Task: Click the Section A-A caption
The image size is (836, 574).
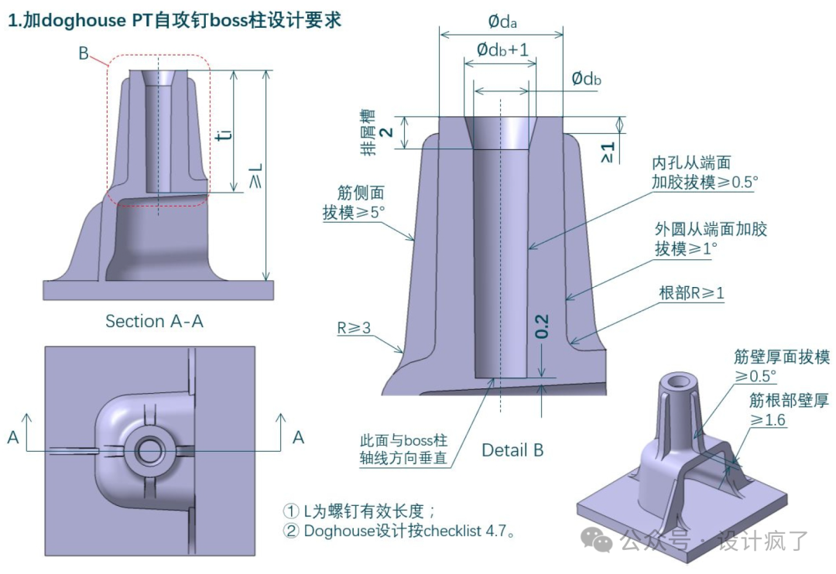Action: [154, 321]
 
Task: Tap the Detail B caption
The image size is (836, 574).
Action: [512, 449]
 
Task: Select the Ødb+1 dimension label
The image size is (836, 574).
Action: [502, 50]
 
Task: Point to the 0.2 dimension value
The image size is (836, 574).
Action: [542, 326]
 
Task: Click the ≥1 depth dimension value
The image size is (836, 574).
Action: [608, 151]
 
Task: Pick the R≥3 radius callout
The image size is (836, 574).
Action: [354, 328]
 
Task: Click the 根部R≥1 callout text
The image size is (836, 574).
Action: [691, 293]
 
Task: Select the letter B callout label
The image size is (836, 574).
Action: [84, 53]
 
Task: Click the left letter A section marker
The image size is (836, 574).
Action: [13, 438]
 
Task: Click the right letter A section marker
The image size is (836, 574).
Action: [298, 438]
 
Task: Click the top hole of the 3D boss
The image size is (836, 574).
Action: [682, 381]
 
